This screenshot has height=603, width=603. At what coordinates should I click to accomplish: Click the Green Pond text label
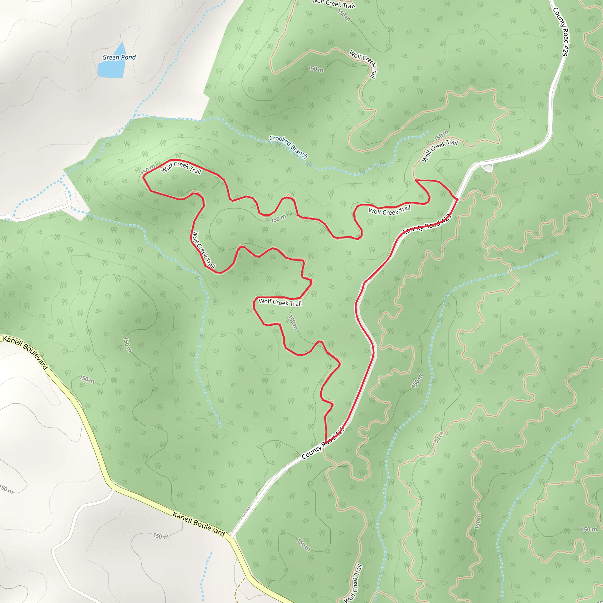click(x=119, y=57)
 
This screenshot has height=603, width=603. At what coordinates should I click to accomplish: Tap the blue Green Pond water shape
click(x=111, y=69)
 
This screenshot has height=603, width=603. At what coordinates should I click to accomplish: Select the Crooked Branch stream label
click(x=288, y=147)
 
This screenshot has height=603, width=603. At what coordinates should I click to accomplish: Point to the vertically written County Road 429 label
click(x=560, y=32)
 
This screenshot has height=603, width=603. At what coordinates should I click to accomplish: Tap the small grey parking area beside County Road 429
click(x=487, y=168)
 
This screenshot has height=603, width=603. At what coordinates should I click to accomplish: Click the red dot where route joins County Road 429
click(x=457, y=199)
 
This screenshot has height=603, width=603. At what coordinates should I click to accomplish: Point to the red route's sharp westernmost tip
click(x=143, y=176)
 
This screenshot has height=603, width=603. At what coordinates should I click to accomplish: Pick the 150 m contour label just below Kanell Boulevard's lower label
click(x=161, y=536)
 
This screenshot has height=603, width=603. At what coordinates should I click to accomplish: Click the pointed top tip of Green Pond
click(x=123, y=42)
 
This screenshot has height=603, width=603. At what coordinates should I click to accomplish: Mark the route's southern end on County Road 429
click(x=326, y=443)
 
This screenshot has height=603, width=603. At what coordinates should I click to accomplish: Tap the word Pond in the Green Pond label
click(x=129, y=57)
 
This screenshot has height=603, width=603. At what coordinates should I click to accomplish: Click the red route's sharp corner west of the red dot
click(x=416, y=180)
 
